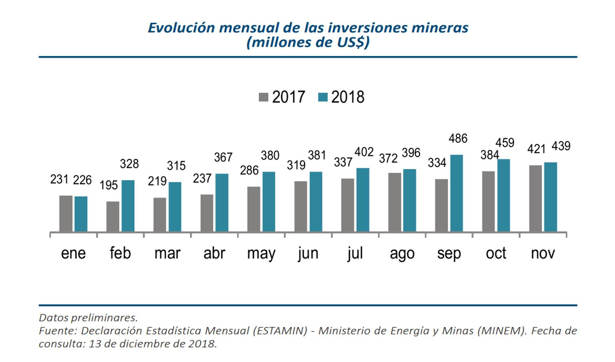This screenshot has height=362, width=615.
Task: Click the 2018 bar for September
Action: coord(456,193)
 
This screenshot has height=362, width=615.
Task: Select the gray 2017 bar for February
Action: coord(113,216)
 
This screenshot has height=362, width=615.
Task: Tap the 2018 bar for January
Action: coord(81,214)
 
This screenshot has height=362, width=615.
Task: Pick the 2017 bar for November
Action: coord(535,198)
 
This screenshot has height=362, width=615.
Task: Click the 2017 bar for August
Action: coord(395,202)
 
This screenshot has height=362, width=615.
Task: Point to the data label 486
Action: coord(458,138)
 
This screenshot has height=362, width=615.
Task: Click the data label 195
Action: coord(109,185)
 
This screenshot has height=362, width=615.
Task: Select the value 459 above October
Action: coord(505,143)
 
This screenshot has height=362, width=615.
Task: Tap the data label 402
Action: coord(364,152)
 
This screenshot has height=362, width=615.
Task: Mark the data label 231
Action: coord(59,179)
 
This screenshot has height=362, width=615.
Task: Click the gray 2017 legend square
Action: coord(263,97)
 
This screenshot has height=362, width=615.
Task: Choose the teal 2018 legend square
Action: coord(323,97)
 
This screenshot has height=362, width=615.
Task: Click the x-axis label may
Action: coord(261,253)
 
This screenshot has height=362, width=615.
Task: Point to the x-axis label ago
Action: coord(402,253)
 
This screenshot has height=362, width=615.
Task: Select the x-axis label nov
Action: coord(543,253)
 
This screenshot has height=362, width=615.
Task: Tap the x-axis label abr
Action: coord(214,253)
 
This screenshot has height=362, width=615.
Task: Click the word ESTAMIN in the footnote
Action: coord(280,331)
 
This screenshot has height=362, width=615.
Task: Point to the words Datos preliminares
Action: coord(88,318)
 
